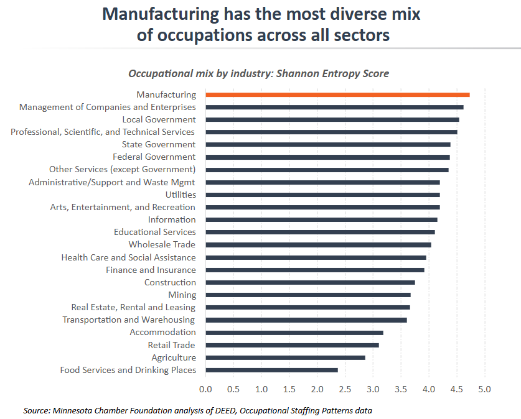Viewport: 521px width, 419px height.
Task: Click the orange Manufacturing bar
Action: tap(337, 94)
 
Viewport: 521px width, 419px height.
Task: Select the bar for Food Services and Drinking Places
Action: tap(271, 370)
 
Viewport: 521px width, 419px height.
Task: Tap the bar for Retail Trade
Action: tap(292, 345)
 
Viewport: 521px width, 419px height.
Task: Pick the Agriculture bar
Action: tap(285, 357)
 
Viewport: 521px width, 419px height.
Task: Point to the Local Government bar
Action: tap(332, 119)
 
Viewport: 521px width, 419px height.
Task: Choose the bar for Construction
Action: tap(310, 282)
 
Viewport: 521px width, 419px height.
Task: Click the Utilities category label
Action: tap(181, 195)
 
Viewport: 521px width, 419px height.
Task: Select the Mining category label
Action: tap(182, 295)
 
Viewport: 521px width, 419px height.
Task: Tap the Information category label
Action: tap(172, 219)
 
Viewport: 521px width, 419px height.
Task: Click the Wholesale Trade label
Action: tap(162, 244)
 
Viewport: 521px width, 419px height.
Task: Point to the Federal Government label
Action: tap(154, 157)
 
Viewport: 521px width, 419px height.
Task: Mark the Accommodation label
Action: tap(162, 332)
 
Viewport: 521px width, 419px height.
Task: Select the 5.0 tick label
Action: tap(484, 389)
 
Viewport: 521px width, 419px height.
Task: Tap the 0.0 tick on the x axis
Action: tap(205, 389)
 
